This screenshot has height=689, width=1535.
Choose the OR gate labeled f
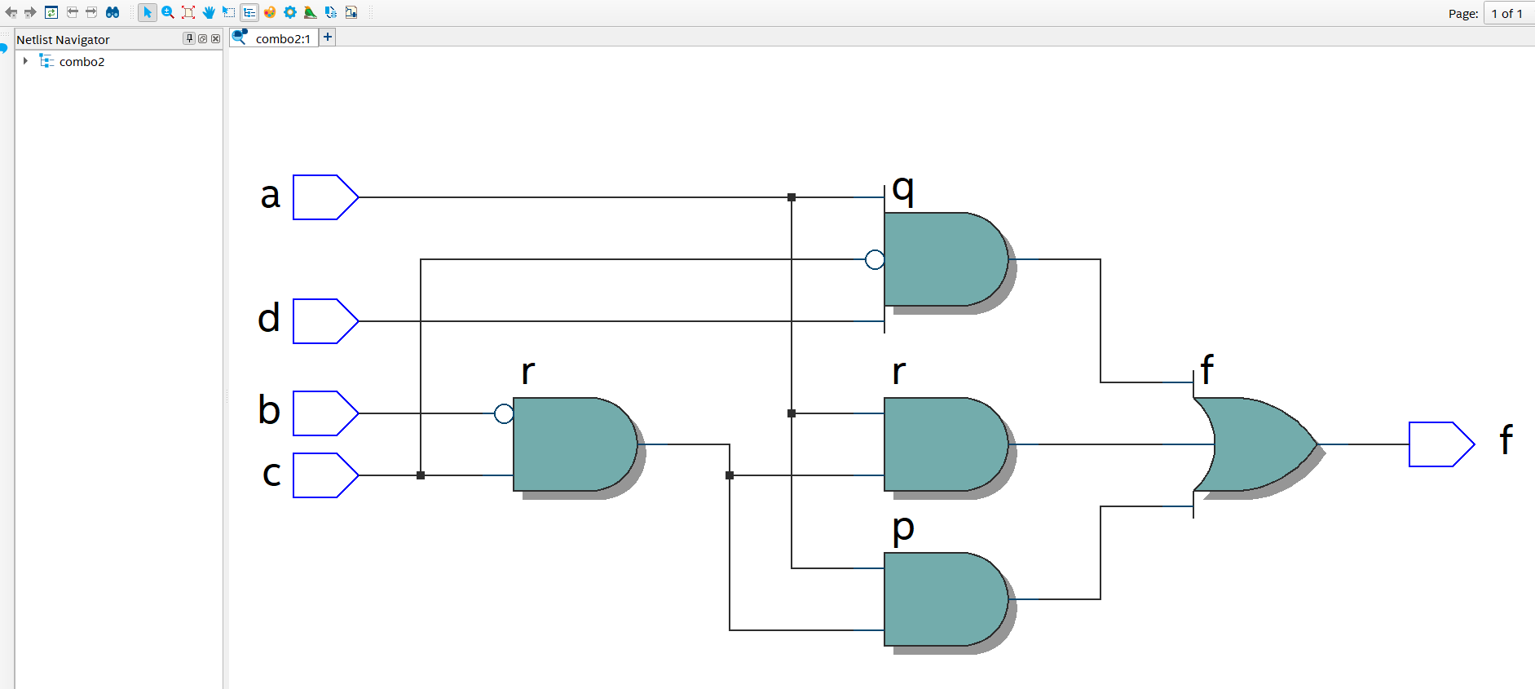(x=1255, y=444)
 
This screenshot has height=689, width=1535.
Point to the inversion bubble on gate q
(x=875, y=259)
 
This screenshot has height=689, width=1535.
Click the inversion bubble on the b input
(x=504, y=413)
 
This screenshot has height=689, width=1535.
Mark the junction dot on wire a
(x=792, y=197)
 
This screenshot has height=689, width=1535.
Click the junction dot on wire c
(x=421, y=475)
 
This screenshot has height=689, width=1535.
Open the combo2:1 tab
(x=282, y=38)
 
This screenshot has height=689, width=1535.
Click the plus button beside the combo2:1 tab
(x=328, y=37)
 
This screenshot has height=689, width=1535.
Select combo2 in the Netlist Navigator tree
(x=82, y=62)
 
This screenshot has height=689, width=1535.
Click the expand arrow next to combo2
(x=25, y=61)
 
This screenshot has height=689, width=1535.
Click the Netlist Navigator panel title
(x=63, y=39)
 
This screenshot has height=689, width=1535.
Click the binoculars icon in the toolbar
(x=112, y=12)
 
